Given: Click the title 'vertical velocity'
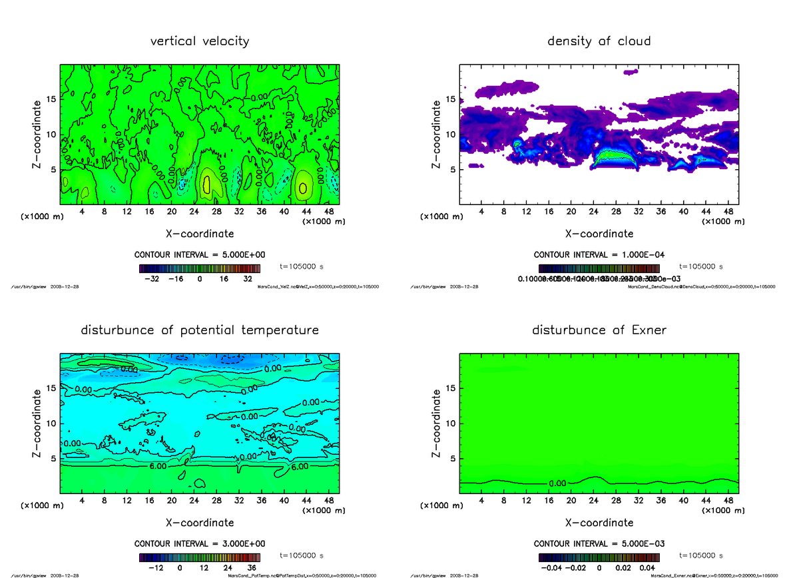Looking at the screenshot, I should (200, 41).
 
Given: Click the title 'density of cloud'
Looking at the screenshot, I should (599, 41).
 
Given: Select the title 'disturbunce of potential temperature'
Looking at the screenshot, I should (200, 330).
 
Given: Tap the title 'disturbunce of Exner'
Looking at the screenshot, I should (599, 330).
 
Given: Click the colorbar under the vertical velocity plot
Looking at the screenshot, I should (199, 268).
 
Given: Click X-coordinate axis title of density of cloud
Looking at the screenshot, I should (599, 234).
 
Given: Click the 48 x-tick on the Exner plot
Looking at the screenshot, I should (728, 500).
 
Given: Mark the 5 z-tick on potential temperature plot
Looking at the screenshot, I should (52, 458).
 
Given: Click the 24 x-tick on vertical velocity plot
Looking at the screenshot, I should (194, 211).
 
